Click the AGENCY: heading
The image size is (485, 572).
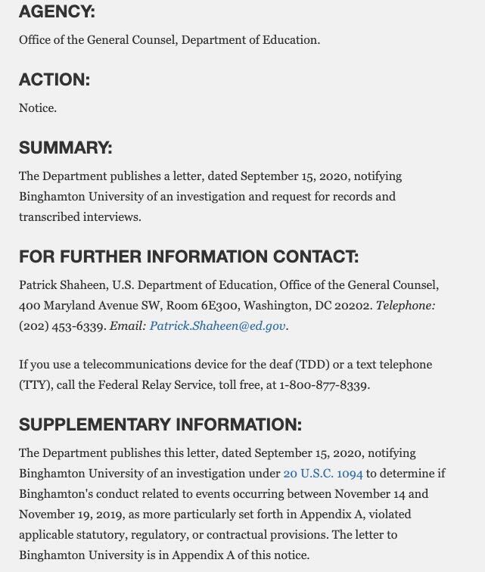tap(57, 13)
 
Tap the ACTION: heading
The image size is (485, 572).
tap(54, 80)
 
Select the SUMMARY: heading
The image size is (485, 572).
tap(65, 148)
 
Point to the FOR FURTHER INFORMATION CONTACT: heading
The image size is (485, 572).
tap(188, 257)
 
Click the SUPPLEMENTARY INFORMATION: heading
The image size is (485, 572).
tap(160, 424)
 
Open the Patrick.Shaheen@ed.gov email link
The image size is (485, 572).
tap(218, 326)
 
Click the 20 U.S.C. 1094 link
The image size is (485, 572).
tap(323, 474)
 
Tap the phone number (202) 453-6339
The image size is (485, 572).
tap(62, 326)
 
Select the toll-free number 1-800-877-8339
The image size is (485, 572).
tap(324, 384)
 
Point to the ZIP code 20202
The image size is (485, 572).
tap(354, 306)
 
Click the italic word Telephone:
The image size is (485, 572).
tap(406, 306)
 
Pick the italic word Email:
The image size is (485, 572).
tap(128, 326)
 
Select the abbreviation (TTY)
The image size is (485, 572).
tap(36, 384)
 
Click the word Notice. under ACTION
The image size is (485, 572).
tap(38, 107)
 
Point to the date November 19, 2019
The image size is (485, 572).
tap(73, 514)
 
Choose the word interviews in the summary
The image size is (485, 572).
tap(115, 216)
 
